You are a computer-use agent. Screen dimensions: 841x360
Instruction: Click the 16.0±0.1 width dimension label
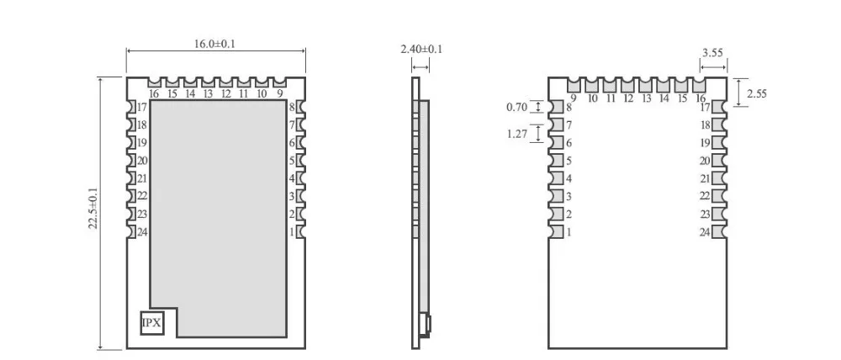click(214, 44)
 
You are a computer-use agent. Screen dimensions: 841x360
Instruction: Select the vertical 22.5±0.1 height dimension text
click(93, 208)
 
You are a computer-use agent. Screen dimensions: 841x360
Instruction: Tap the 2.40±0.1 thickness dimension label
click(421, 50)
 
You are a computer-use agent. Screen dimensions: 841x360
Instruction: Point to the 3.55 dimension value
click(713, 53)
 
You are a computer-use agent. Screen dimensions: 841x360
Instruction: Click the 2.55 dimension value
click(757, 94)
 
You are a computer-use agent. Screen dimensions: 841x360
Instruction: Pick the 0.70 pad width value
click(517, 108)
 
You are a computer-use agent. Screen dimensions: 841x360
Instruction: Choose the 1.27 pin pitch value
click(517, 134)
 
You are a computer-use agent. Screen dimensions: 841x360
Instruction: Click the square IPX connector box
click(151, 323)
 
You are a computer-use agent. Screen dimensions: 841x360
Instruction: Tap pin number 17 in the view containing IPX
click(142, 108)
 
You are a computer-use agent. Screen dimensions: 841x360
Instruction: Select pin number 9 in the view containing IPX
click(280, 93)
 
